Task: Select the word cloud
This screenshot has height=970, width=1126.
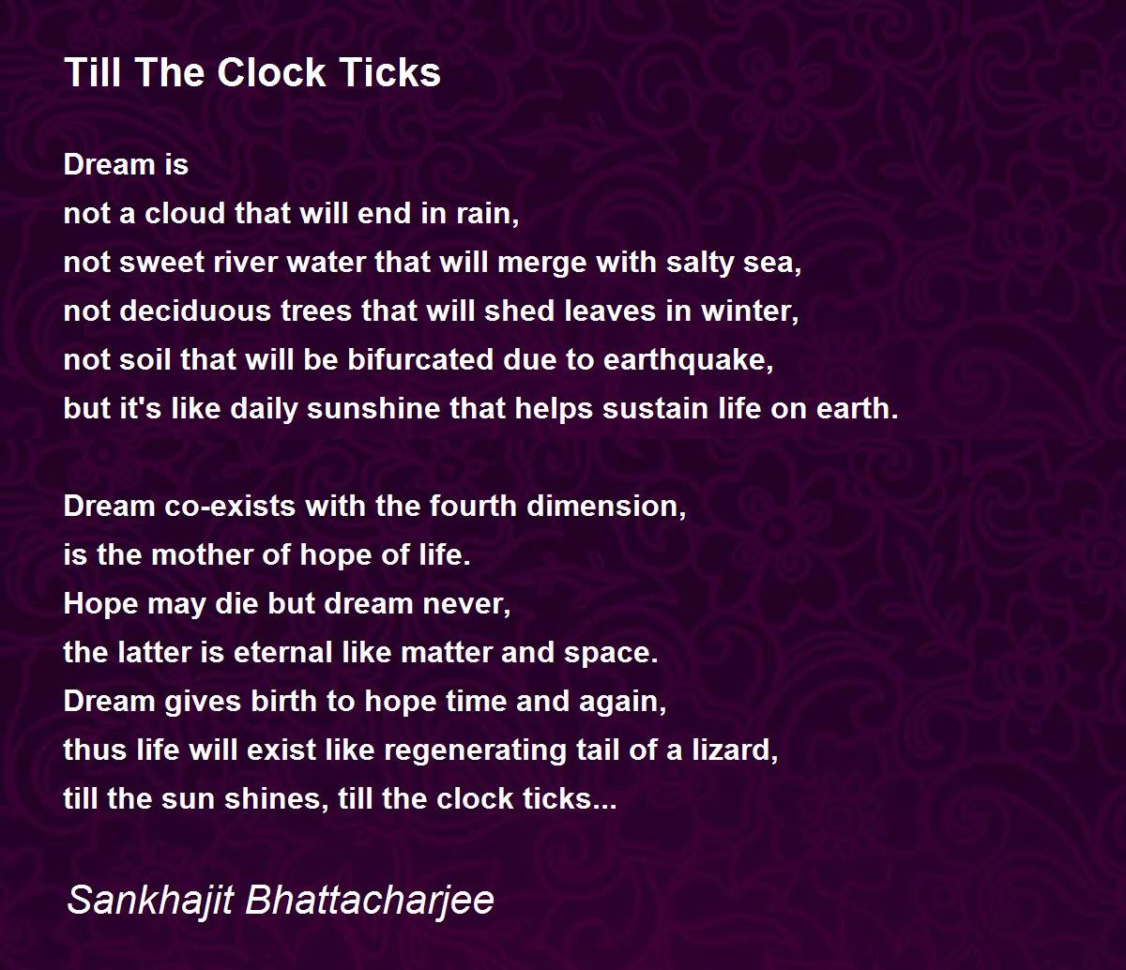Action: [185, 213]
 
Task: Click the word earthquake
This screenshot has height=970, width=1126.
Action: [688, 361]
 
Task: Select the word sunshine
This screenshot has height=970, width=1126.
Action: [373, 409]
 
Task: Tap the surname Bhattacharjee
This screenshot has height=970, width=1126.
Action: [370, 900]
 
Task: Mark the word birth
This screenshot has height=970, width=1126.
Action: [283, 702]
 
